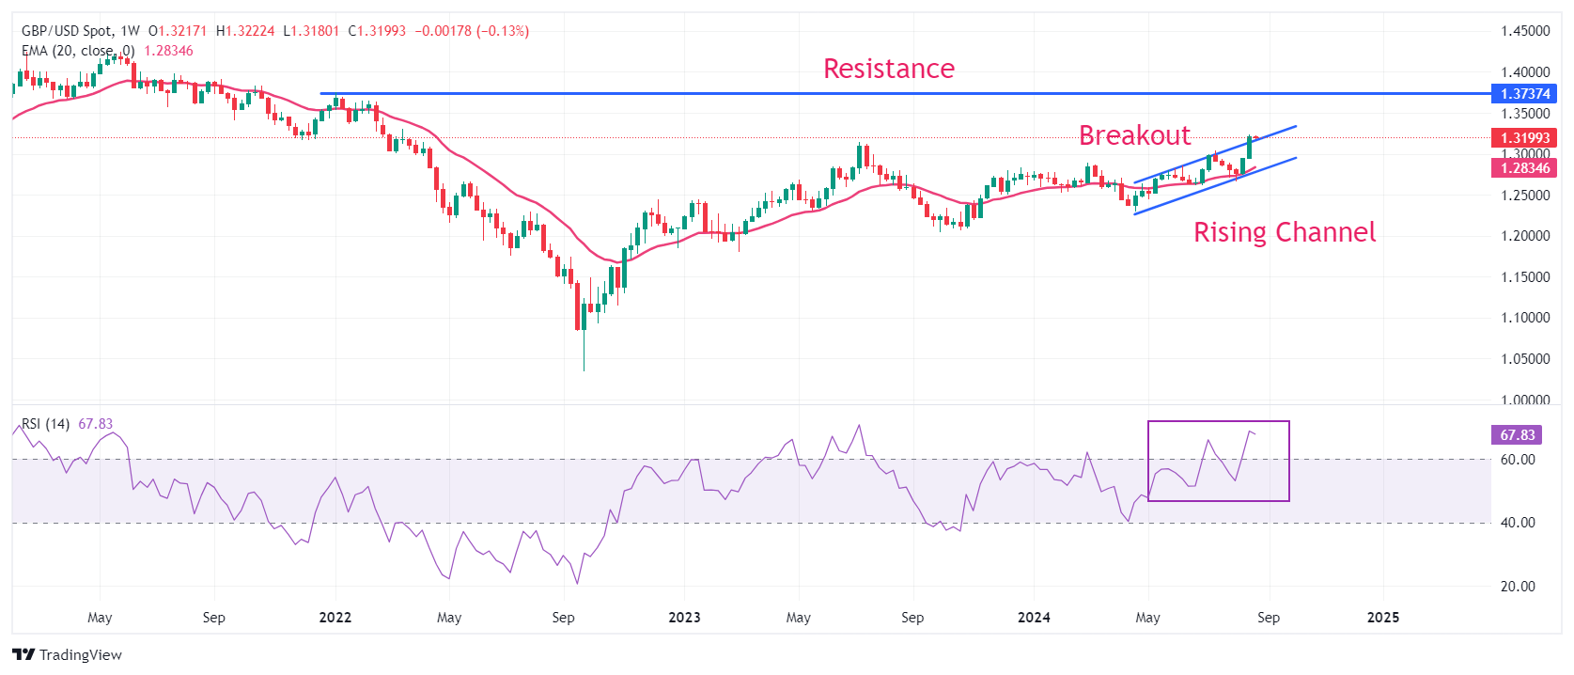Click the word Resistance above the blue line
click(888, 69)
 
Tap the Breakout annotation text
click(1134, 136)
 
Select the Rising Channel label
click(1284, 232)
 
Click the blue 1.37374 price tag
click(1524, 94)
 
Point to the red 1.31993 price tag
click(1524, 138)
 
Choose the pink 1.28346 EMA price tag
click(1524, 168)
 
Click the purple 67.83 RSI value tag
click(1517, 435)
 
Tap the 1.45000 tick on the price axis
click(1524, 31)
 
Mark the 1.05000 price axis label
click(1524, 359)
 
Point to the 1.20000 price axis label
click(1524, 236)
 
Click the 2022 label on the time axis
click(335, 618)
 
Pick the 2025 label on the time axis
click(1382, 618)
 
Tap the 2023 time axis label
click(684, 618)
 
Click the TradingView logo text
click(80, 655)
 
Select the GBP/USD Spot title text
click(67, 31)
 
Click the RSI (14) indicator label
click(45, 424)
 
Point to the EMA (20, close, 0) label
click(78, 51)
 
